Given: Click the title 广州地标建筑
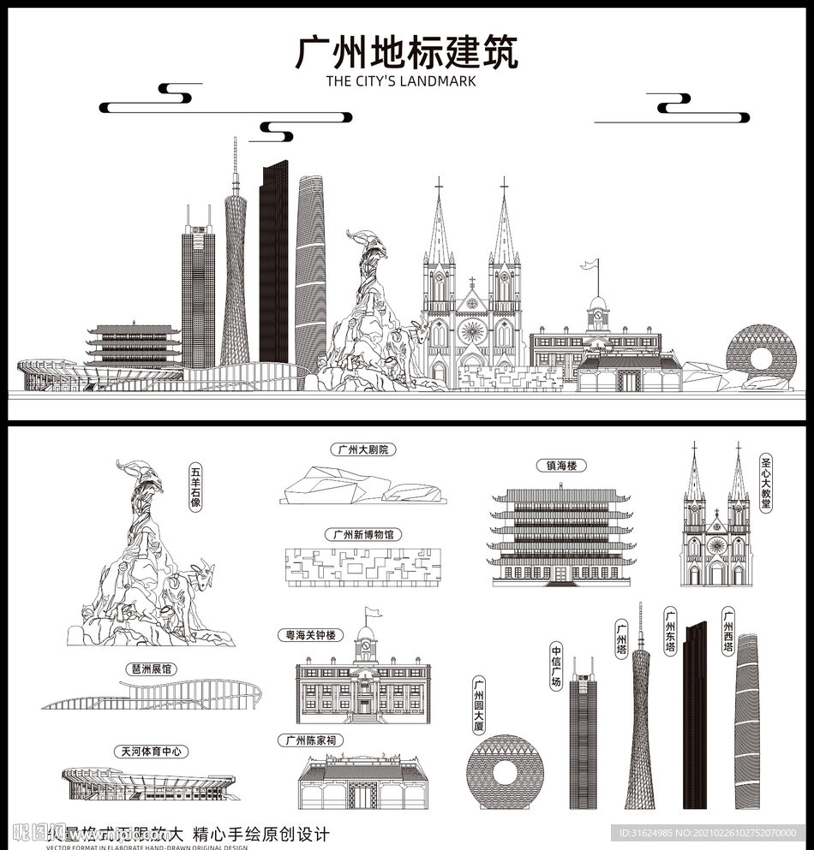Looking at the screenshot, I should point(406,53).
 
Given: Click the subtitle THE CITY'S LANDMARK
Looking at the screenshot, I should point(401,82).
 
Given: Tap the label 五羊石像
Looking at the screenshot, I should point(196,487).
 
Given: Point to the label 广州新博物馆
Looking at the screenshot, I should point(364,535).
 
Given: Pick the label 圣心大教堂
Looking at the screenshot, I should point(765,483).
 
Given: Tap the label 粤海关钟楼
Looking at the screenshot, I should point(310,635).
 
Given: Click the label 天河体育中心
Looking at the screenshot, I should point(150,752).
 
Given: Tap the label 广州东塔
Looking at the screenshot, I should point(670,631).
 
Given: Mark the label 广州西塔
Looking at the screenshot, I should point(727,631).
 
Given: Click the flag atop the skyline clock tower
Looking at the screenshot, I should point(589,264).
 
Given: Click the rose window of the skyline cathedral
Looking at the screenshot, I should point(471,330).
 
